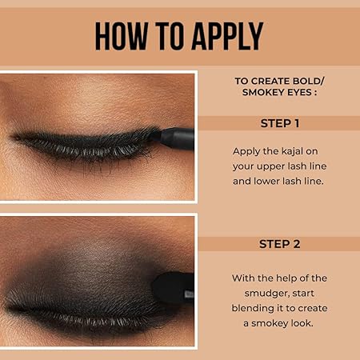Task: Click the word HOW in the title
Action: [122, 36]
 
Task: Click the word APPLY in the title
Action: [227, 36]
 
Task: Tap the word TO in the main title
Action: [170, 36]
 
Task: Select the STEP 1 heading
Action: [280, 123]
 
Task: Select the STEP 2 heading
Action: [280, 244]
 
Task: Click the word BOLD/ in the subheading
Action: [308, 81]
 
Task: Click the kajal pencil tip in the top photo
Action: [155, 135]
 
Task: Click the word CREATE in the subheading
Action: [270, 81]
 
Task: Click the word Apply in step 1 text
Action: [246, 152]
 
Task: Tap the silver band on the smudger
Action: [190, 294]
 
